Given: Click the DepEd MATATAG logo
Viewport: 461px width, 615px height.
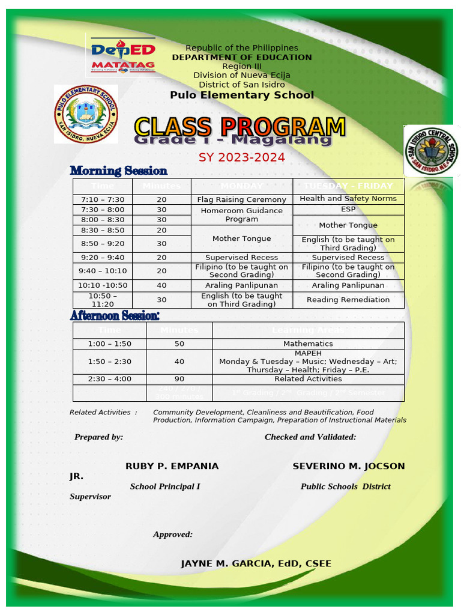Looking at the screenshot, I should [x=123, y=56].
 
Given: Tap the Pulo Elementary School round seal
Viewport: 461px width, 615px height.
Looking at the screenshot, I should [x=86, y=114].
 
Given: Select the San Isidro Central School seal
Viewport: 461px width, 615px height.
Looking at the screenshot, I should [x=432, y=151].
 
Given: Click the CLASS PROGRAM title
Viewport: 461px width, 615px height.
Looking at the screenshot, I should [x=240, y=127].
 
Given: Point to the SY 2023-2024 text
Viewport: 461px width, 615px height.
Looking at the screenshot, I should [x=242, y=158].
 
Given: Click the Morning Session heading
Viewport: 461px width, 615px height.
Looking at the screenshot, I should [x=119, y=171].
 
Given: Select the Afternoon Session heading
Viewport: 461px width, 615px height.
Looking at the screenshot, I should [x=115, y=315].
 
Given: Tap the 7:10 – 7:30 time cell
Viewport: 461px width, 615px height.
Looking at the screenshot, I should [x=102, y=199].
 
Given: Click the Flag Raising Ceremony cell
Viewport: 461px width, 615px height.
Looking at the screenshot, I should [x=242, y=199].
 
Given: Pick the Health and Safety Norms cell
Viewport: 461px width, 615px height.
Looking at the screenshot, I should [x=348, y=199].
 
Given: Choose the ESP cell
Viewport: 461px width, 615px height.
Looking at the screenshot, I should [x=348, y=209].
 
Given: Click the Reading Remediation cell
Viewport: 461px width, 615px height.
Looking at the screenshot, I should [x=348, y=300].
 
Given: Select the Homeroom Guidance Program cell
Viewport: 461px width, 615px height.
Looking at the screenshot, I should [x=242, y=215].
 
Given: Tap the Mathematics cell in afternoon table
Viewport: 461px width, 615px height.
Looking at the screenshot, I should [x=308, y=344].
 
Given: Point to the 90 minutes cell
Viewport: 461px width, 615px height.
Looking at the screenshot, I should [x=179, y=379].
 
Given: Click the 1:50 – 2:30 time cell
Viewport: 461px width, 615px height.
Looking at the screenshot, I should [x=109, y=362].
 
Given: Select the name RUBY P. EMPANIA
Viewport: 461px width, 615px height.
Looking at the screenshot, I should [x=172, y=466].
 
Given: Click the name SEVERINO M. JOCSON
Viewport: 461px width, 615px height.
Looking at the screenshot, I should [x=348, y=466].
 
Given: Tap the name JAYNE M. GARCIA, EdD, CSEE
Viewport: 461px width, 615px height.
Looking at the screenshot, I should [x=256, y=563].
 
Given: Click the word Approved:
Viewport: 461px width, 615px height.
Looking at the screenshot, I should [x=173, y=534].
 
